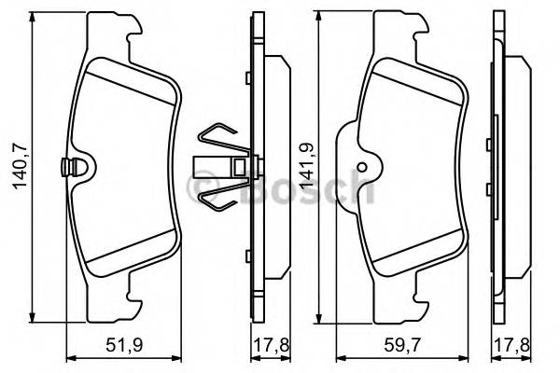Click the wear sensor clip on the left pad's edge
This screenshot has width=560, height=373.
coord(67,169)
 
